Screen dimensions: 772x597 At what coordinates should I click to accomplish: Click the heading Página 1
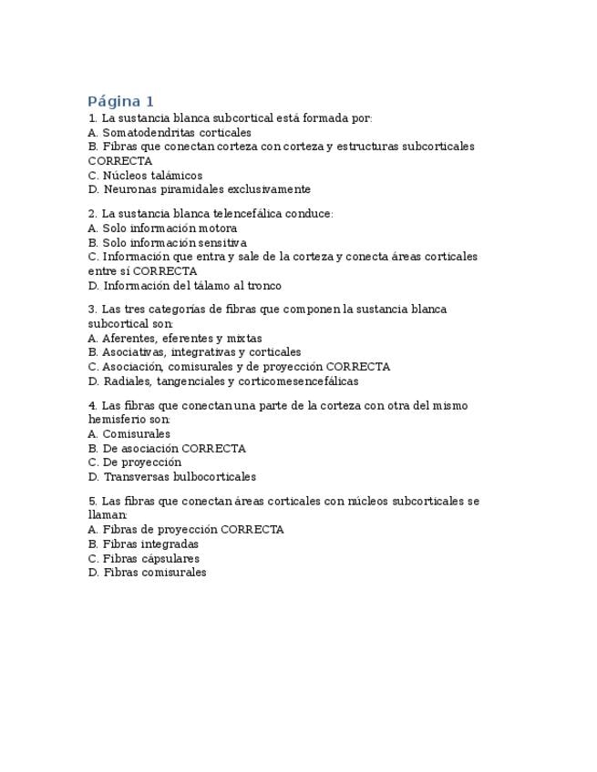click(121, 101)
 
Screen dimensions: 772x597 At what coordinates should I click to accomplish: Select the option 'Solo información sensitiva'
click(167, 243)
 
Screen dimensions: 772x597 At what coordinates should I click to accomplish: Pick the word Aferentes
click(129, 338)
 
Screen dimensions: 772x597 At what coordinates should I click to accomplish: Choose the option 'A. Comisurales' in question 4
click(129, 434)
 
